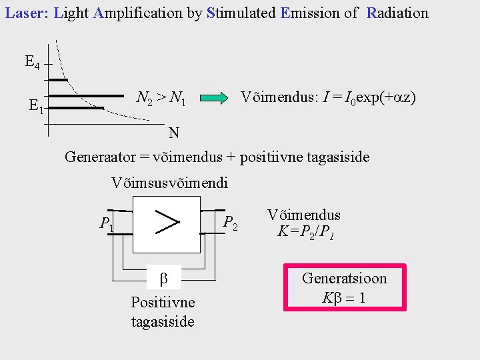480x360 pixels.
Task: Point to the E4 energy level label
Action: tap(32, 63)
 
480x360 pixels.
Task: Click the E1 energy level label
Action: tap(36, 105)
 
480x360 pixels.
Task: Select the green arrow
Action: tap(213, 99)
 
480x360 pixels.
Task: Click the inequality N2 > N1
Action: tap(161, 99)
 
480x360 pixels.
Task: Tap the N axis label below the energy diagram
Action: tap(173, 133)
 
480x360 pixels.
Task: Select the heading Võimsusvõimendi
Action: tap(170, 182)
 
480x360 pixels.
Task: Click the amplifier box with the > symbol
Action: tap(167, 224)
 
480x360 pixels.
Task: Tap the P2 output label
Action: tap(231, 223)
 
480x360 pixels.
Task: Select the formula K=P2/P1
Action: tap(304, 232)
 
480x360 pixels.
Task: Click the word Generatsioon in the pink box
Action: tap(344, 278)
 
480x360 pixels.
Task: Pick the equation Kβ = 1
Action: tap(343, 297)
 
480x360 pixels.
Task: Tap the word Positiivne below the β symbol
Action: tap(163, 302)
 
